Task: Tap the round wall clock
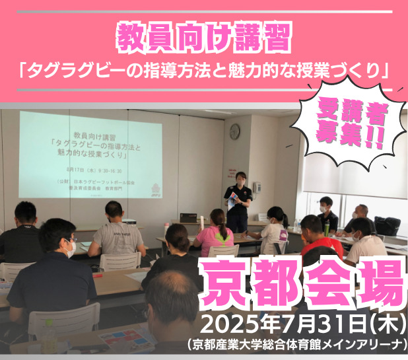pyautogui.click(x=234, y=131)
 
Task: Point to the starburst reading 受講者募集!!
pyautogui.click(x=347, y=125)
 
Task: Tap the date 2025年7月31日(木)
pyautogui.click(x=303, y=325)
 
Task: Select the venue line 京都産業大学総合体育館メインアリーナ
pyautogui.click(x=296, y=345)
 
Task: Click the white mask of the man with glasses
pyautogui.click(x=70, y=249)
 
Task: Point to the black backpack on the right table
pyautogui.click(x=387, y=225)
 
